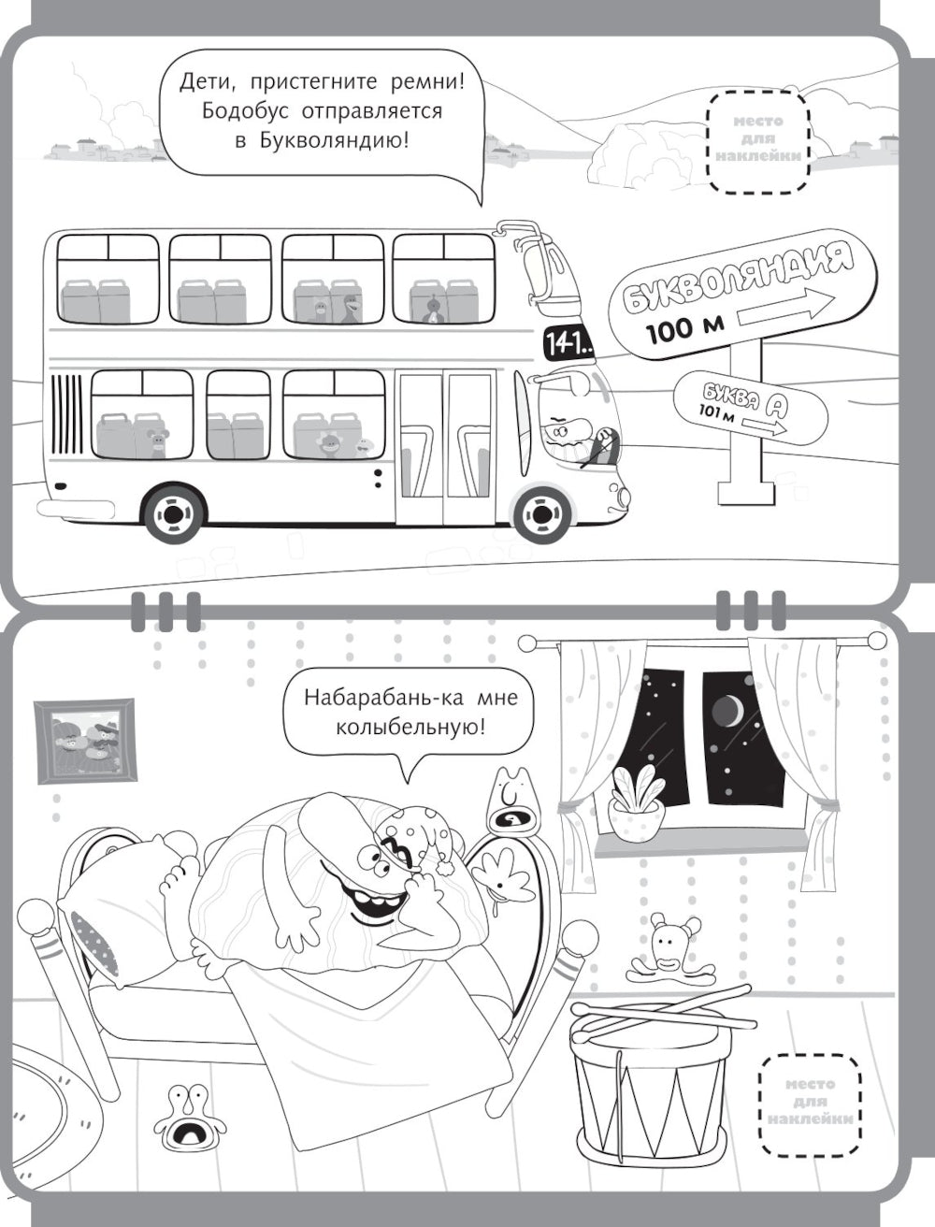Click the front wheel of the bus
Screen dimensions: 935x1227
click(x=539, y=512)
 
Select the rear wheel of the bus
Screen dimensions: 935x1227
click(x=173, y=513)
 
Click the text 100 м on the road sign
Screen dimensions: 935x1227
click(x=685, y=328)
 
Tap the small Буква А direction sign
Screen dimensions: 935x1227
click(x=751, y=408)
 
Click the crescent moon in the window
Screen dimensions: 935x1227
click(x=728, y=710)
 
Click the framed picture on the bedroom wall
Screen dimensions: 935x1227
click(x=85, y=740)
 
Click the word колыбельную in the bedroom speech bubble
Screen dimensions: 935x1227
click(x=410, y=729)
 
